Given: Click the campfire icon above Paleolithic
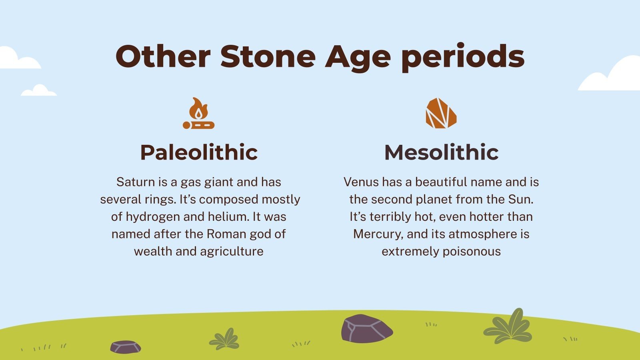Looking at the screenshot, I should (198, 114).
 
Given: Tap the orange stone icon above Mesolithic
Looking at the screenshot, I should (441, 113).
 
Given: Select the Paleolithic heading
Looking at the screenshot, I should (199, 152).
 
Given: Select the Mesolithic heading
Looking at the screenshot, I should (441, 152).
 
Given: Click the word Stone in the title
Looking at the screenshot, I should (268, 56).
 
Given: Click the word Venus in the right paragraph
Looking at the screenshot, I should (361, 182).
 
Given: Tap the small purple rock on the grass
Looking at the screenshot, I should (125, 347).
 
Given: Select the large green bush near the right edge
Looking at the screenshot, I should (508, 326).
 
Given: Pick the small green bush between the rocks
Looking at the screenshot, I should (224, 339).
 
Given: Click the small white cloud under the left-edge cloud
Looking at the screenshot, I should (39, 91).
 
